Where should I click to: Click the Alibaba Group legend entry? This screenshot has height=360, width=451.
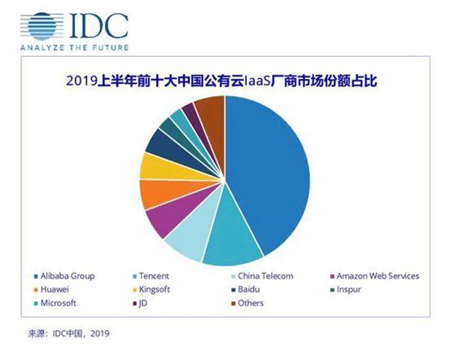66,276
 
